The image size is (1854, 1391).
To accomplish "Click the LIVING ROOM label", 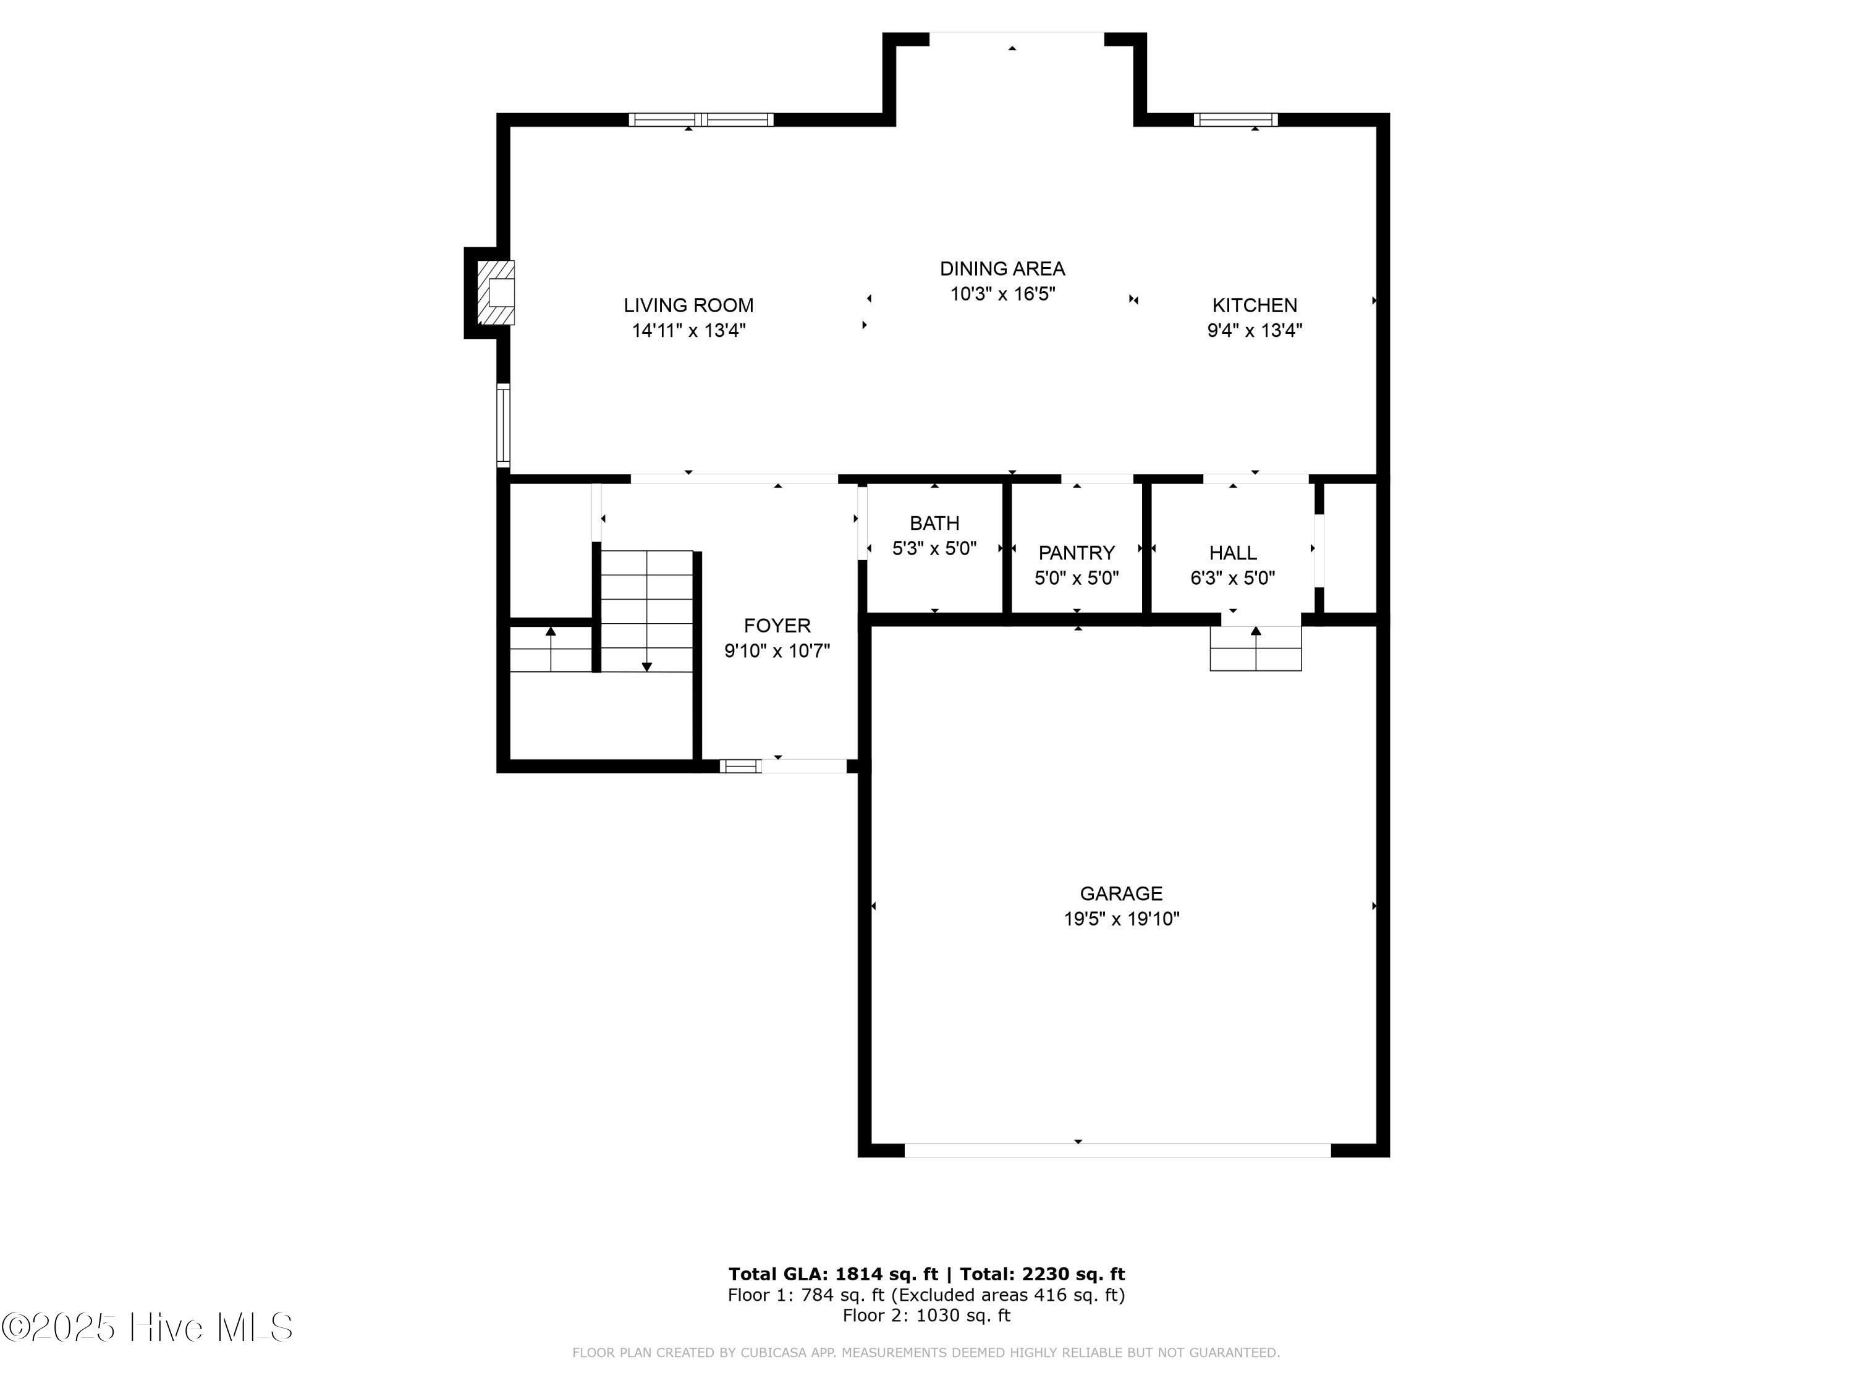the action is coord(688,305).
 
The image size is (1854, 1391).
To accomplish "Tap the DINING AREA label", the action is coord(1002,268).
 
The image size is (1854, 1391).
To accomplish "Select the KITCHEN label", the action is coord(1254,305).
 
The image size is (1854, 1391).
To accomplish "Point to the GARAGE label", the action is coord(1120,894).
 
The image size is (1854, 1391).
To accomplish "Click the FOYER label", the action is coord(777,626).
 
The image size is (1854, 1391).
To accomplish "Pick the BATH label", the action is coord(934,523).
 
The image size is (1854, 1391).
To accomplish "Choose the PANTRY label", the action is coord(1076,553).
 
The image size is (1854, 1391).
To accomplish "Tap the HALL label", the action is coord(1233,553).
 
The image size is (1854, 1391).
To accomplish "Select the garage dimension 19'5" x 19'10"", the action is coord(1122,919).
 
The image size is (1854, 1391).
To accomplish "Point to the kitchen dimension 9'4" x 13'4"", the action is coord(1254,330).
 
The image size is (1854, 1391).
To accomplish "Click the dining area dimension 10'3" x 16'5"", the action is coord(1002,294).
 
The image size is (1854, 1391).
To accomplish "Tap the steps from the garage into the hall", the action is coord(1256,648).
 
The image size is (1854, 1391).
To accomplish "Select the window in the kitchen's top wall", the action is coord(1235,119).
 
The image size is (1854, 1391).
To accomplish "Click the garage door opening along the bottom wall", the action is coord(1117,1151).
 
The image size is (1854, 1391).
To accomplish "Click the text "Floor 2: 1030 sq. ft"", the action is coord(926,1316).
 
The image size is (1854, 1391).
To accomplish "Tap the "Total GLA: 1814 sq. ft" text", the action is coord(833,1274).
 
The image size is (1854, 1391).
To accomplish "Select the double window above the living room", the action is coord(701,119).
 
